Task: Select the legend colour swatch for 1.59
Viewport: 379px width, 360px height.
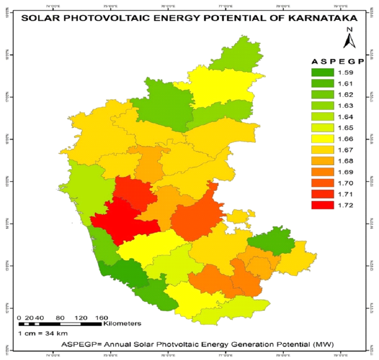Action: (322, 73)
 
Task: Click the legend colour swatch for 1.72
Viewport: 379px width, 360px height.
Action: (322, 205)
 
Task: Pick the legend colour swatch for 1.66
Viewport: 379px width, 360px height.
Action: (322, 139)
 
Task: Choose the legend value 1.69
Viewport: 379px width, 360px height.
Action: (344, 172)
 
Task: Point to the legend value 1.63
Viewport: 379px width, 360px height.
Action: (344, 106)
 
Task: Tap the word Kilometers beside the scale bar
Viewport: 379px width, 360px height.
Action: (122, 324)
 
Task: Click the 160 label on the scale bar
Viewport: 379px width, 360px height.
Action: (102, 318)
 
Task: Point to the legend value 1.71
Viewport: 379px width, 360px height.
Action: (344, 194)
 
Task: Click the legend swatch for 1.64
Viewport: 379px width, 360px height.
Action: (322, 117)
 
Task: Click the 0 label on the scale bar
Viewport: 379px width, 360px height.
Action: (19, 318)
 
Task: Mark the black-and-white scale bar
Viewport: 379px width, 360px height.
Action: (60, 324)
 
